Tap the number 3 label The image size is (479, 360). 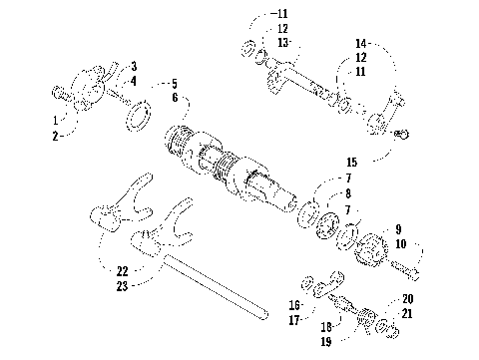pyautogui.click(x=133, y=66)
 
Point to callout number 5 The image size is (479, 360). pyautogui.click(x=175, y=83)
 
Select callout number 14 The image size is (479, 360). pyautogui.click(x=360, y=43)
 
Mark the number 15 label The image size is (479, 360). pyautogui.click(x=349, y=161)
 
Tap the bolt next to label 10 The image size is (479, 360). pyautogui.click(x=403, y=268)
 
